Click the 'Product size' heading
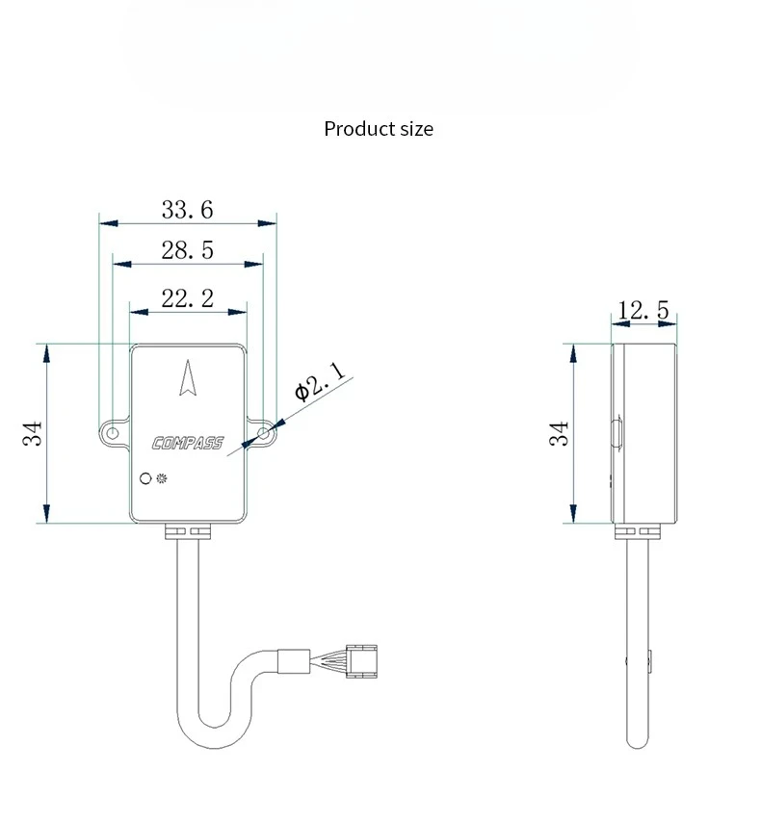(379, 129)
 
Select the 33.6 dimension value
(188, 210)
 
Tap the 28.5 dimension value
(188, 250)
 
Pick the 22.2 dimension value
(188, 298)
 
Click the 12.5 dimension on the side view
(643, 310)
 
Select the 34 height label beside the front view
(32, 433)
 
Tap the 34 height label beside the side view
(559, 433)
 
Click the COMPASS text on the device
(188, 444)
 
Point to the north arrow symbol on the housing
(188, 377)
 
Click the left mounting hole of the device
(113, 433)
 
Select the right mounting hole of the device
(264, 433)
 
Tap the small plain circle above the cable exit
(145, 478)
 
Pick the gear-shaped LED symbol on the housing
(162, 478)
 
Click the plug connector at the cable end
(361, 661)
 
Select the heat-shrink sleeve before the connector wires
(294, 661)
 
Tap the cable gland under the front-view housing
(188, 531)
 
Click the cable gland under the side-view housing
(637, 531)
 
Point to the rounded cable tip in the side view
(638, 743)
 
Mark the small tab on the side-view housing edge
(617, 432)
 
